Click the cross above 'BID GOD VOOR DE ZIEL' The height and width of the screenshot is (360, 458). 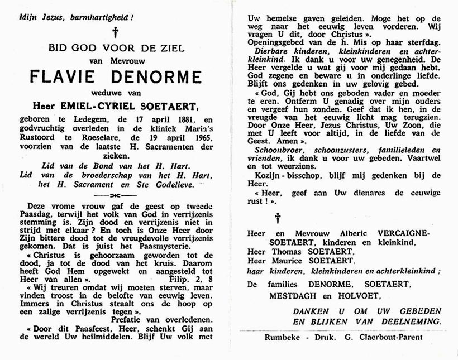click(x=116, y=32)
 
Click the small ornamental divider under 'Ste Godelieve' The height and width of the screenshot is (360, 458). click(x=116, y=195)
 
